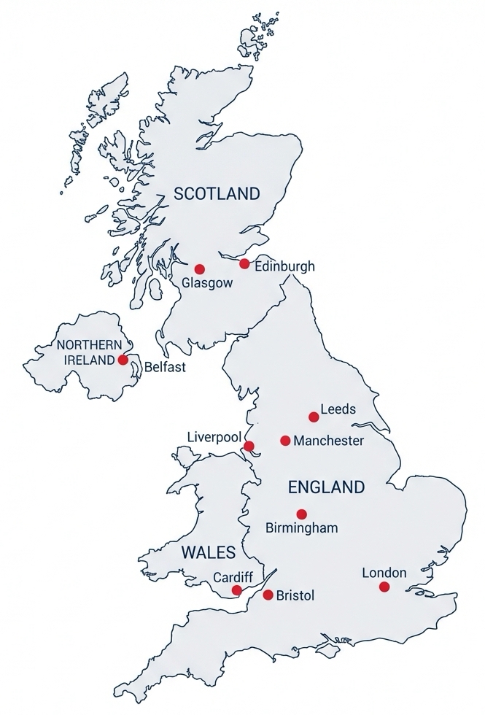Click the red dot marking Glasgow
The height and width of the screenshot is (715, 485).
[199, 268]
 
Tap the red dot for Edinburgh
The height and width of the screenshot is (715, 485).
[244, 263]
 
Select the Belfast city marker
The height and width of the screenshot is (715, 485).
[123, 360]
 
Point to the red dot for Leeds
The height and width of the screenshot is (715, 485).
[314, 417]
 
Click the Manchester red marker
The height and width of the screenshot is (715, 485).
[285, 441]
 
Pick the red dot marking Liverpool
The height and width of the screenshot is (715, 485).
[249, 446]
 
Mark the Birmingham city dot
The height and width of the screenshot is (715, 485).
[301, 514]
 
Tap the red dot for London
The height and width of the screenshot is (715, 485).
[384, 587]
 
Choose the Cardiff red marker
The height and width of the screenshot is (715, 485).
[236, 590]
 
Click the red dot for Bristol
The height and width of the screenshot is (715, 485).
[268, 595]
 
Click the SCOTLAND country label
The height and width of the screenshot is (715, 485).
[217, 194]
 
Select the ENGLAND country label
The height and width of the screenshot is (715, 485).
[326, 487]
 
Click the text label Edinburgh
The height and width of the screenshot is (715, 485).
[285, 266]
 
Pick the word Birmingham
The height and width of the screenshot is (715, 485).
[301, 527]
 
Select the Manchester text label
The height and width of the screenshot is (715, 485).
[328, 441]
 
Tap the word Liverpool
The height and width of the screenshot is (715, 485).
[214, 436]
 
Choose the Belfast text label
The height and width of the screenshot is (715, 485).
[165, 367]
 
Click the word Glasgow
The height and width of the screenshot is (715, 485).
[207, 283]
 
